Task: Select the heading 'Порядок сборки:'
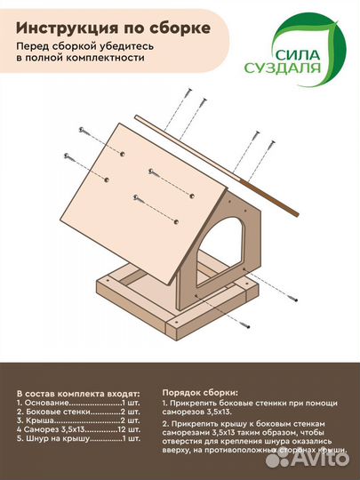click(x=200, y=391)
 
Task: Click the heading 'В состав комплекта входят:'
click(x=78, y=392)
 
